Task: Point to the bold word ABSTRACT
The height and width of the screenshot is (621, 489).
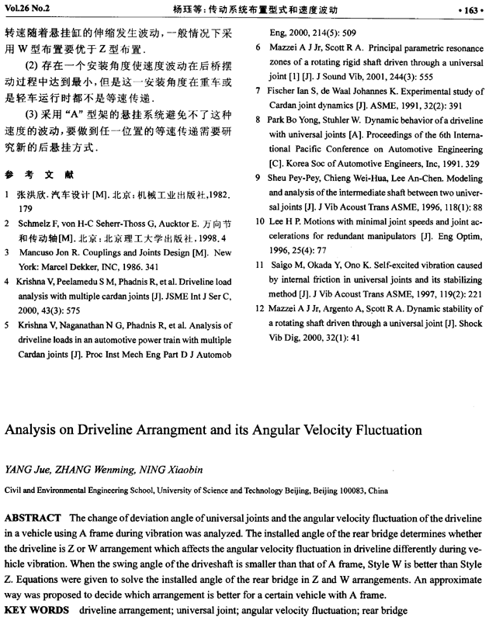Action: click(x=33, y=518)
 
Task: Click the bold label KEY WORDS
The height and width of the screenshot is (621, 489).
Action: click(x=35, y=611)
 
